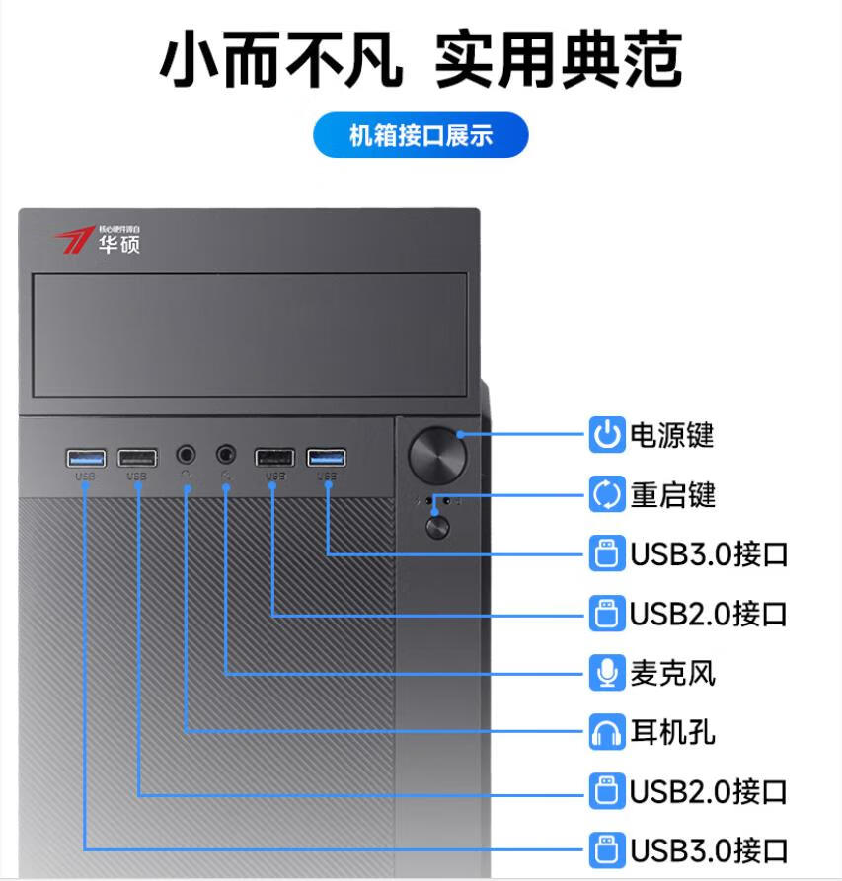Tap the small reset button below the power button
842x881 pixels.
(436, 526)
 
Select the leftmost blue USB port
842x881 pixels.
(85, 458)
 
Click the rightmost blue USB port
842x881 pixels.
(327, 457)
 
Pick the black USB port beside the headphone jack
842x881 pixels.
(136, 458)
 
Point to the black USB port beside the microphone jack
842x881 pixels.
(274, 458)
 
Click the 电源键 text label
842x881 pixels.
(672, 435)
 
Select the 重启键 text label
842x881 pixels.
(672, 494)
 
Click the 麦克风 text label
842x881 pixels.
(672, 673)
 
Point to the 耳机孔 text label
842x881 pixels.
(672, 732)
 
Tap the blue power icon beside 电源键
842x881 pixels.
(606, 435)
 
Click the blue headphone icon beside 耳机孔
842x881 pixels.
(606, 732)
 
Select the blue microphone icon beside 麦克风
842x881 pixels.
(606, 673)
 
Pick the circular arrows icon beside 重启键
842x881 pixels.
(606, 494)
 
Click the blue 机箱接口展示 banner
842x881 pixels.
(421, 136)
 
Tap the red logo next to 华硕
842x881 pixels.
(73, 240)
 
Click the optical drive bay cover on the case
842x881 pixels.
(250, 335)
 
